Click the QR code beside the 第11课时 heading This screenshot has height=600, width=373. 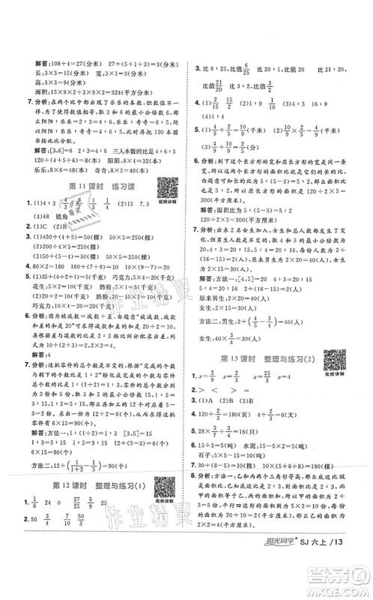[x=164, y=187]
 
